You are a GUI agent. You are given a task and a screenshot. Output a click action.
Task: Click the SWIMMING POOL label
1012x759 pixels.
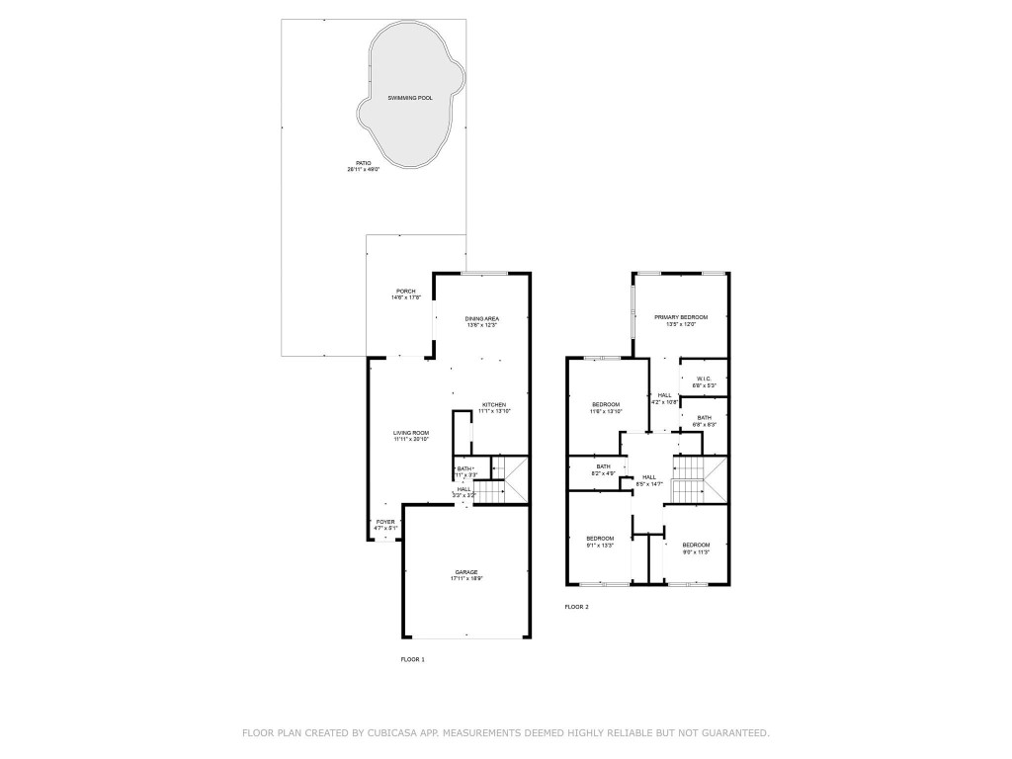(x=409, y=99)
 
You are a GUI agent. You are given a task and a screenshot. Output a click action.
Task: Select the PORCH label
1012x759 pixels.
(x=406, y=291)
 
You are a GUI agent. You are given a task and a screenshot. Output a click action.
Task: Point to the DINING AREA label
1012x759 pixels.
(x=482, y=318)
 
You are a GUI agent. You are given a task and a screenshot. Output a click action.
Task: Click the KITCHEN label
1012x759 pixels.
(x=494, y=404)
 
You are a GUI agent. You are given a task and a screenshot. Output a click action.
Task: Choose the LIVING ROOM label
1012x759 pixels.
(x=411, y=433)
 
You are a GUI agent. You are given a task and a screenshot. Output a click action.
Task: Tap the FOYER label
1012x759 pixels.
(x=384, y=521)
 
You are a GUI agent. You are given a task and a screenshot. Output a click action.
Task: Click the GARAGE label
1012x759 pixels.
(x=466, y=572)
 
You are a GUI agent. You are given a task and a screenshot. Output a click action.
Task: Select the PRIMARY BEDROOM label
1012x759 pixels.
(x=681, y=317)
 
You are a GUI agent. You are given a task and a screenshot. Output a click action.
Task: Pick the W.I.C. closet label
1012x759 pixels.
(x=704, y=378)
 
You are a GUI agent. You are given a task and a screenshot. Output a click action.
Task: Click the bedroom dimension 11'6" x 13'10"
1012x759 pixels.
(x=606, y=411)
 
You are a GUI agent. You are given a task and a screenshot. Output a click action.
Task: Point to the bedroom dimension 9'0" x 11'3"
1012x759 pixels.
(x=696, y=551)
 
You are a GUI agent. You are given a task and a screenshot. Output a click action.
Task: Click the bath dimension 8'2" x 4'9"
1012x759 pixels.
(x=603, y=474)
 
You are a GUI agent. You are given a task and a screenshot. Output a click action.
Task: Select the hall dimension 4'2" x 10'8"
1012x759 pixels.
(x=664, y=402)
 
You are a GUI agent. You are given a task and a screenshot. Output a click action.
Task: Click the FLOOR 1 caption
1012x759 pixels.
(x=412, y=659)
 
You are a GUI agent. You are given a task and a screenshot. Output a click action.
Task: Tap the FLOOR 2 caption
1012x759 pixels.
(x=576, y=607)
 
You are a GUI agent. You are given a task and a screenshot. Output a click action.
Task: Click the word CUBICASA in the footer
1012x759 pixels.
(x=389, y=733)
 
